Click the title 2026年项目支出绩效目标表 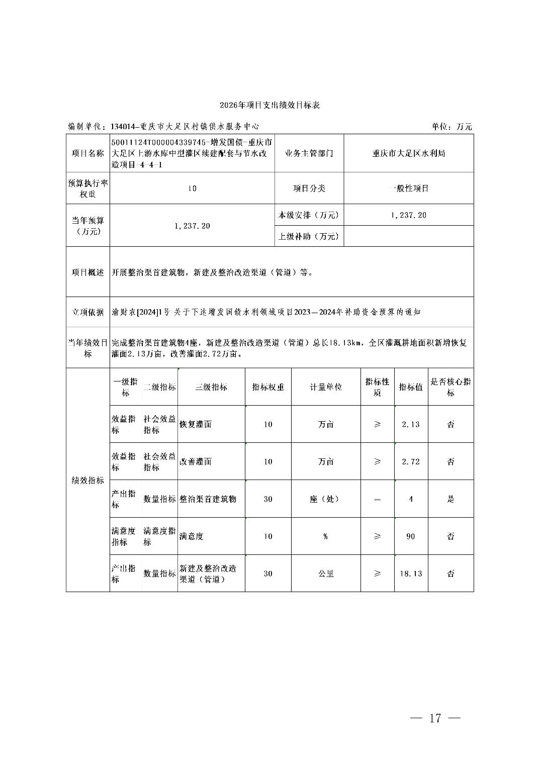pyautogui.click(x=269, y=105)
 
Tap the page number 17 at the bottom pyautogui.click(x=435, y=718)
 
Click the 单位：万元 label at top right pyautogui.click(x=452, y=127)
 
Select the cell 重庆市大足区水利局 pyautogui.click(x=408, y=153)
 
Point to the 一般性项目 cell pyautogui.click(x=408, y=188)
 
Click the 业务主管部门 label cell pyautogui.click(x=309, y=153)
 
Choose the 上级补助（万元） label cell pyautogui.click(x=309, y=236)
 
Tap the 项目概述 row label pyautogui.click(x=88, y=272)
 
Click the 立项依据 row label pyautogui.click(x=88, y=312)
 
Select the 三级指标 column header pyautogui.click(x=211, y=387)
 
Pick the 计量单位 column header pyautogui.click(x=326, y=387)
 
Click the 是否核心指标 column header pyautogui.click(x=451, y=387)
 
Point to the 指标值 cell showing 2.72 pyautogui.click(x=411, y=461)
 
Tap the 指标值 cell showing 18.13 pyautogui.click(x=411, y=574)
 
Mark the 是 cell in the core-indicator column pyautogui.click(x=451, y=499)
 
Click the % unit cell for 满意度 pyautogui.click(x=326, y=536)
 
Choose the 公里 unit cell pyautogui.click(x=326, y=574)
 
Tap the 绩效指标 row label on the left pyautogui.click(x=88, y=481)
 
